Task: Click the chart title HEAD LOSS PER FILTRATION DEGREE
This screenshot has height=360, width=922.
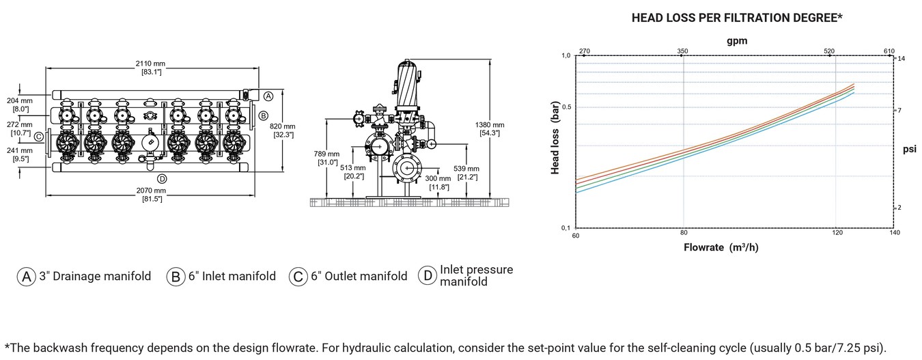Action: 737,18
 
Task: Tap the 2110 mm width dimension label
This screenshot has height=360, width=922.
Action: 151,68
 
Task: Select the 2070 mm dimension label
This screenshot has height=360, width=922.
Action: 151,195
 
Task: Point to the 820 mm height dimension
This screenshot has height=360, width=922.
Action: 282,130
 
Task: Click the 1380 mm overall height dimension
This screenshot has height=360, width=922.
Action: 490,129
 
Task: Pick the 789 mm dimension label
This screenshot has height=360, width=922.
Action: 326,158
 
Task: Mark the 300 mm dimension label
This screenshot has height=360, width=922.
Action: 438,182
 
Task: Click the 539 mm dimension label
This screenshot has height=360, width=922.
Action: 466,173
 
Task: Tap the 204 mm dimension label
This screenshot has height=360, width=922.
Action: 19,105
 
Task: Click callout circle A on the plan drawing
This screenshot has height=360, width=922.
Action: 268,96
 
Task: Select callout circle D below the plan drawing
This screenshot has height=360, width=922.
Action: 162,179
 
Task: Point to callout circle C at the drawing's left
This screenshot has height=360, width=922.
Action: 39,137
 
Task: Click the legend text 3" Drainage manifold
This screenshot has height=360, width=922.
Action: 95,276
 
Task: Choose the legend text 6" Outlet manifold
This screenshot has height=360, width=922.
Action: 359,276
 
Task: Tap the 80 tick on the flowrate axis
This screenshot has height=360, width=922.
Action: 684,233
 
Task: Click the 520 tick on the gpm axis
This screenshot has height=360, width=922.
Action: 829,51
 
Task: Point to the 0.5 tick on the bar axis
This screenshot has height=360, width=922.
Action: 566,107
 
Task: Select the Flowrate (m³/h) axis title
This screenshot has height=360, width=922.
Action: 721,247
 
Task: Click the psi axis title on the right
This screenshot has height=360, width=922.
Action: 910,149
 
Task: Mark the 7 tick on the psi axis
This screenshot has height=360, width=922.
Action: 899,111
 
